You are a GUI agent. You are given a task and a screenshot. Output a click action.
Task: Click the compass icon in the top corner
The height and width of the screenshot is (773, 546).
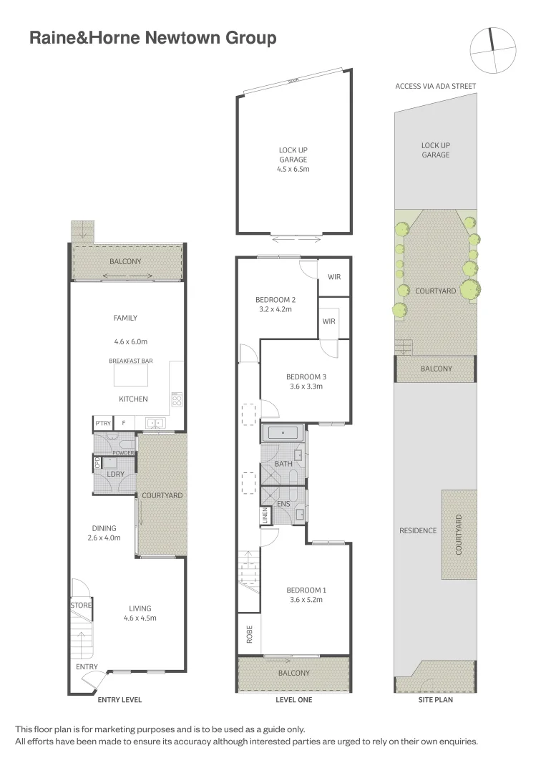(492, 49)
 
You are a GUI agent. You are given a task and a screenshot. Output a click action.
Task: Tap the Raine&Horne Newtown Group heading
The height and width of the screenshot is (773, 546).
(152, 39)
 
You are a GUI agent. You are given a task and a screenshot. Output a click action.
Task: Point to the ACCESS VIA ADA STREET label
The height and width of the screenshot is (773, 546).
(435, 87)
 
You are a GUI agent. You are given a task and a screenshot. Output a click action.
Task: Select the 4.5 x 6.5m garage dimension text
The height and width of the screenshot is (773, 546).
(293, 170)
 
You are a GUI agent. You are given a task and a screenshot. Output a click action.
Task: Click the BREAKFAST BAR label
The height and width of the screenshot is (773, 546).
(129, 361)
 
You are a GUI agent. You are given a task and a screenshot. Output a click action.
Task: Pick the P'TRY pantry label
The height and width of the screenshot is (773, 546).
(103, 424)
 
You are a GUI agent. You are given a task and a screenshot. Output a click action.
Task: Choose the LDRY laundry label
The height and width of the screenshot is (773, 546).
(116, 475)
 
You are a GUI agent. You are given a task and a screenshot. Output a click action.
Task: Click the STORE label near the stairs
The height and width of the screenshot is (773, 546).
(80, 606)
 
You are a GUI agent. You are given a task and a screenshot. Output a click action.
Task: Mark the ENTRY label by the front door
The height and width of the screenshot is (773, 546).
(87, 667)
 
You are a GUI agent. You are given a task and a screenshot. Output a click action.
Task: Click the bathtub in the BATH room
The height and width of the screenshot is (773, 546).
(284, 433)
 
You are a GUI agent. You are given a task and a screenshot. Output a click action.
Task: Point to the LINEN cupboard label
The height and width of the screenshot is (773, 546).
(265, 516)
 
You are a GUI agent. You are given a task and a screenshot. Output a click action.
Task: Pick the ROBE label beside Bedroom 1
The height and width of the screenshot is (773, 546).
(249, 636)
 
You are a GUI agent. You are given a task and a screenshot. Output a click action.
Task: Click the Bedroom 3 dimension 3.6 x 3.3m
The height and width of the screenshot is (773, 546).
(305, 386)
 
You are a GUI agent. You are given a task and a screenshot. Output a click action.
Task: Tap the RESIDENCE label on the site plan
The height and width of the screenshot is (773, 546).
(418, 530)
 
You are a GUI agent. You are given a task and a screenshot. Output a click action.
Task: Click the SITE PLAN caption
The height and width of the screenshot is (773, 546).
(435, 700)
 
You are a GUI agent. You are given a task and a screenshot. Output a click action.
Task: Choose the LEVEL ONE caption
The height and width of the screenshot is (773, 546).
(293, 700)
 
